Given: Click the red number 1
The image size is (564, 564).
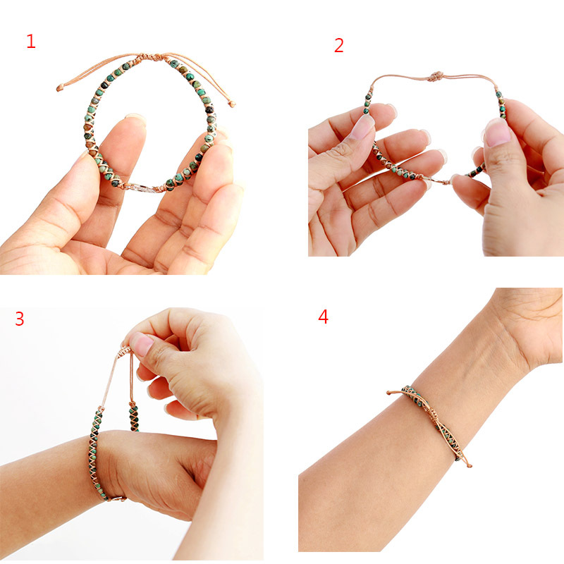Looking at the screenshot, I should coord(30,42).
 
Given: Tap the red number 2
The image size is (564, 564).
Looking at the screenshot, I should coord(339,46).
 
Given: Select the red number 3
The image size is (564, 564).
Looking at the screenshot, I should coord(19,319).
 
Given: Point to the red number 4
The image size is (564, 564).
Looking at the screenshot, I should coord(323,317).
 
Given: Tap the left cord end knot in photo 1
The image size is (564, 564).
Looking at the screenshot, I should coord(60,89).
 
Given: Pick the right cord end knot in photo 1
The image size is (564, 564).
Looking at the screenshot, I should coord(232,104).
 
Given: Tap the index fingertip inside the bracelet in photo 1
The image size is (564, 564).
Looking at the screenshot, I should coord(133,123).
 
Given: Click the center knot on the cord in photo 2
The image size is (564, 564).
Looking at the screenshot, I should coord(437,76).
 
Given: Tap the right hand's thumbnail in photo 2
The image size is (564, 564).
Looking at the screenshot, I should coord(496,132).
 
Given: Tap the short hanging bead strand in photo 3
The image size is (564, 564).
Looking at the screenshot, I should coord(133,416).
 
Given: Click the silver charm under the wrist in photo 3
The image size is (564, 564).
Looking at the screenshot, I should coord(117,498).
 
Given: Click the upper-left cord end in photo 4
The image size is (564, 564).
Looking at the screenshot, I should coord(390,392).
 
